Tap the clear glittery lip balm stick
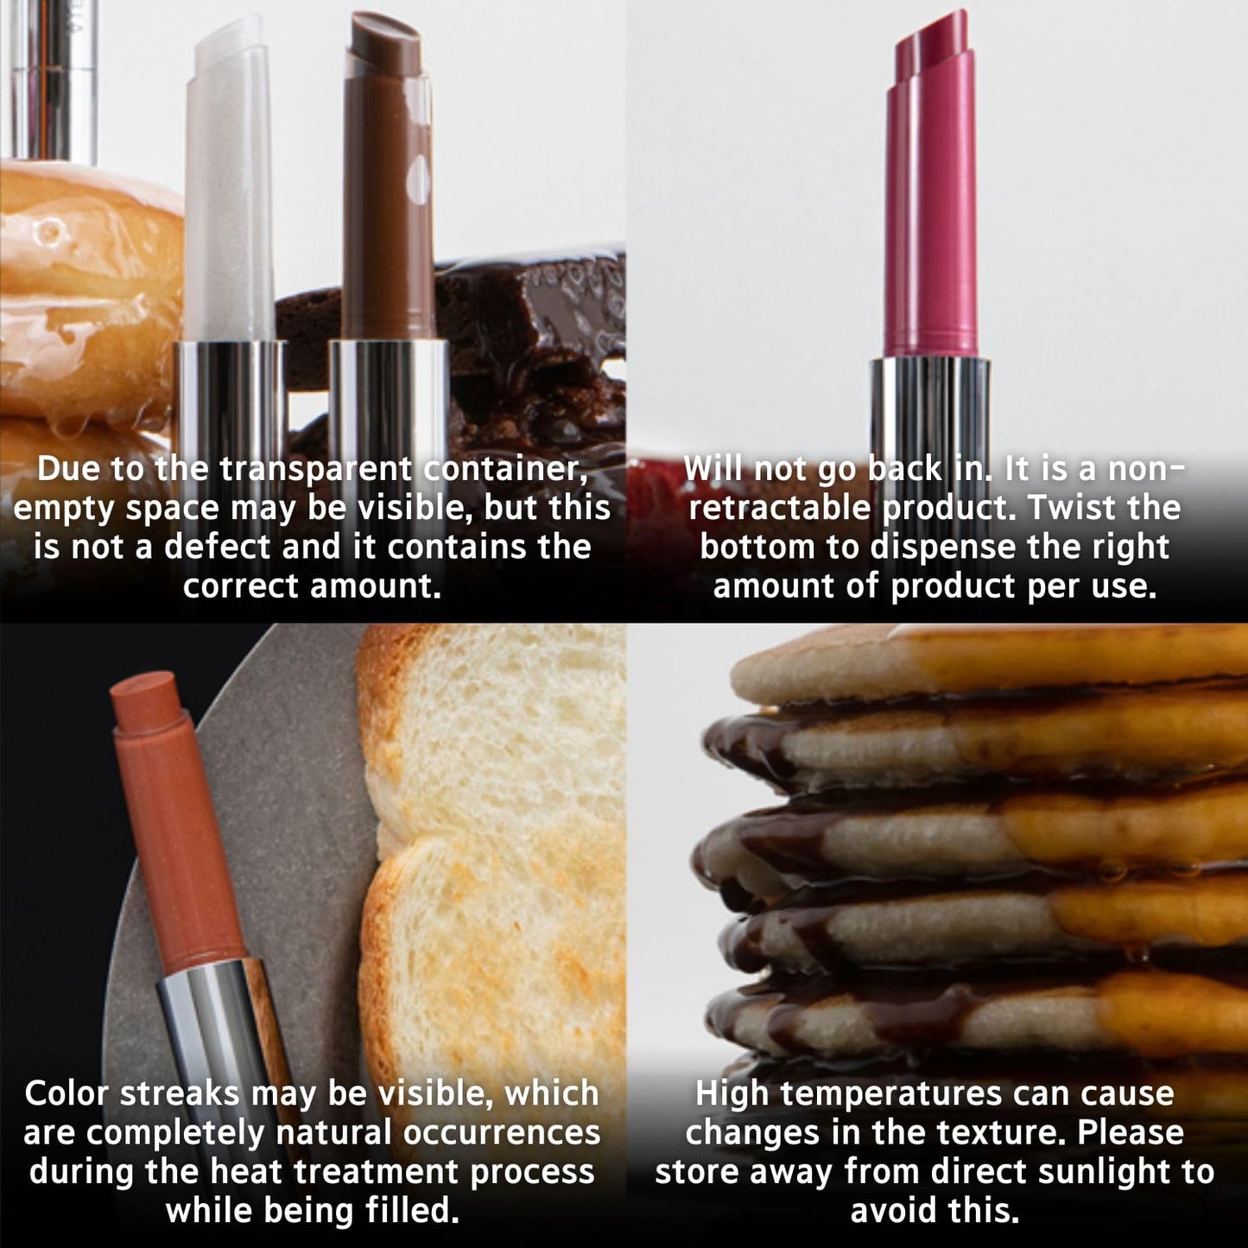[x=229, y=190]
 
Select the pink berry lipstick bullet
[x=933, y=199]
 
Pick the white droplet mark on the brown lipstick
[x=421, y=177]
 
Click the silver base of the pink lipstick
[x=930, y=406]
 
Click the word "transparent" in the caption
[x=315, y=469]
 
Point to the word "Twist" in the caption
[x=1071, y=508]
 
